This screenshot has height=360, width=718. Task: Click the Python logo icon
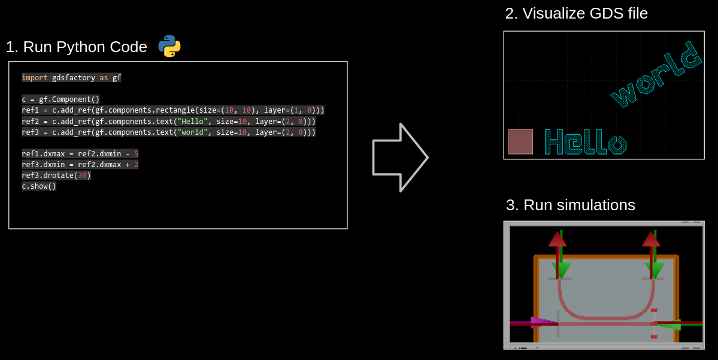(x=169, y=46)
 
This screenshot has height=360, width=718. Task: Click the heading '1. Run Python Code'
(x=76, y=47)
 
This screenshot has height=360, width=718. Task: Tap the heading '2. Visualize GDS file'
(x=576, y=13)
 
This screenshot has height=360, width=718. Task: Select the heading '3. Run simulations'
(x=570, y=205)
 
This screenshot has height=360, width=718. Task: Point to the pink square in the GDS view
(x=520, y=141)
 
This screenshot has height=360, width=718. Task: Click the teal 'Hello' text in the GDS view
(x=585, y=142)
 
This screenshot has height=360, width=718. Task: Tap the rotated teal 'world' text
(x=656, y=74)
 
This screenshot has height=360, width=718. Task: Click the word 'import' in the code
(x=35, y=78)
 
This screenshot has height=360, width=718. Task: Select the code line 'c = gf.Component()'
(x=60, y=99)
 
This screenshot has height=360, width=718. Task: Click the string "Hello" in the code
(x=192, y=121)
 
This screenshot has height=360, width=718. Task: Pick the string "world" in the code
(x=192, y=132)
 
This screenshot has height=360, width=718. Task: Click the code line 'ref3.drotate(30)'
(x=56, y=176)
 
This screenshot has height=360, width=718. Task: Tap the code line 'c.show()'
(x=39, y=186)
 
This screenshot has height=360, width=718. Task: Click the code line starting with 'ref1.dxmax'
(x=80, y=153)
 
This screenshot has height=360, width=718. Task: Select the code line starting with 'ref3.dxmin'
(x=80, y=164)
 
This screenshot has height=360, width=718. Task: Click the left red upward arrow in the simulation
(x=558, y=239)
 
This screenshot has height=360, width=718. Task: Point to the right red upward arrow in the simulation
(x=651, y=239)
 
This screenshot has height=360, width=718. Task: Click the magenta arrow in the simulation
(x=543, y=322)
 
